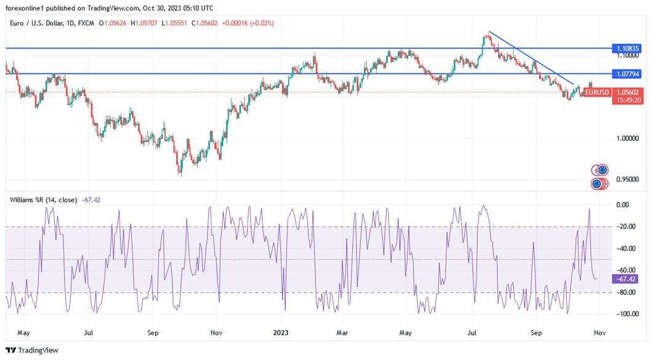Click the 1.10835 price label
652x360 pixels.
[x=627, y=47]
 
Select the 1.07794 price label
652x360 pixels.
[x=627, y=74]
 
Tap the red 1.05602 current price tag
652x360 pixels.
[x=628, y=92]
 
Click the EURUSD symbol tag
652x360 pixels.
[x=597, y=92]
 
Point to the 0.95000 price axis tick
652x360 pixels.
[x=627, y=179]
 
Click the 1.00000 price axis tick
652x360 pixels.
[x=627, y=138]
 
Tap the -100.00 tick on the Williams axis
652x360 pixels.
[x=626, y=314]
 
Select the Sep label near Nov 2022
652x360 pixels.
[x=153, y=332]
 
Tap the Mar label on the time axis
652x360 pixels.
[x=342, y=332]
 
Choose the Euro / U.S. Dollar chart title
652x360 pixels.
[x=40, y=23]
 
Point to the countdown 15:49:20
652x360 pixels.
[x=628, y=100]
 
